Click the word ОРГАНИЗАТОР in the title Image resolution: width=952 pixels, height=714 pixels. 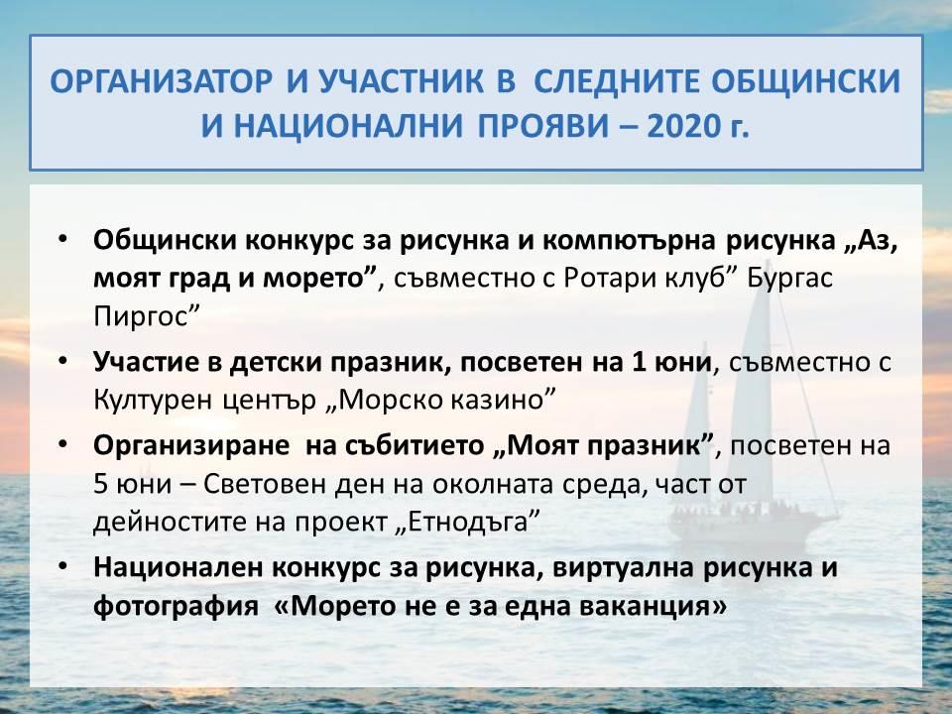161,82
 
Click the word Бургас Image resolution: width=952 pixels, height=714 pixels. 789,279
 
